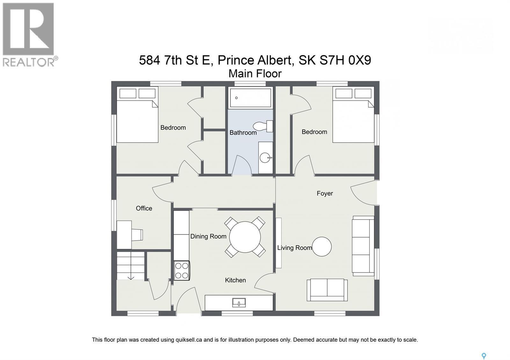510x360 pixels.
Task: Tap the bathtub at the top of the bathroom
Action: [x=251, y=98]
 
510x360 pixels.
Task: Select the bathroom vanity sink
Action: [x=265, y=157]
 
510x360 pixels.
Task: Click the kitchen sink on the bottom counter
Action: [x=239, y=303]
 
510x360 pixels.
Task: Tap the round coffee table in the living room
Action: [x=322, y=247]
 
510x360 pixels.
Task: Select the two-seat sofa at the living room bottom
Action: [x=327, y=290]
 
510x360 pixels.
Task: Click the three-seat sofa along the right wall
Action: [x=363, y=246]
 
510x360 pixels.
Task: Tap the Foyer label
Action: [x=324, y=193]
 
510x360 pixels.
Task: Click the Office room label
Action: [x=144, y=208]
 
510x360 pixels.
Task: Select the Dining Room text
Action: [x=208, y=236]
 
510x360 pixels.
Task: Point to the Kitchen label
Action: [x=235, y=280]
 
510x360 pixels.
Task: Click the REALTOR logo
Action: [x=29, y=34]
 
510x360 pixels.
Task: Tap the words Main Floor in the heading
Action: [x=255, y=74]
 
